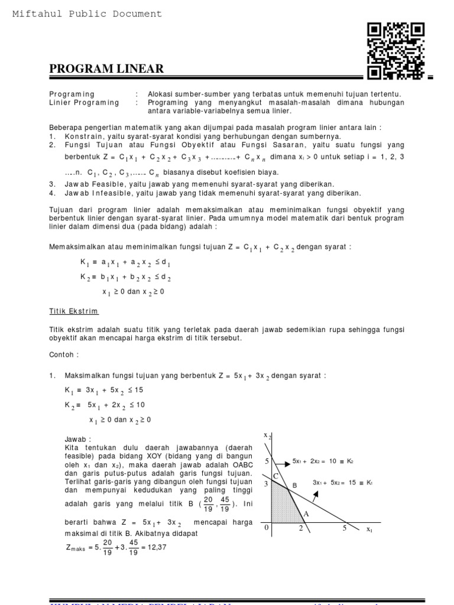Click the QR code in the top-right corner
(x=395, y=50)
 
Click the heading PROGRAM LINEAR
(x=106, y=69)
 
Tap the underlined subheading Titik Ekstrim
(x=73, y=311)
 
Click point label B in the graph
(x=291, y=486)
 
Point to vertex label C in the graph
(x=274, y=476)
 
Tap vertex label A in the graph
(x=306, y=514)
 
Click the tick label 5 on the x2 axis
(x=266, y=461)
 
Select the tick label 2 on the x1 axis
(x=300, y=528)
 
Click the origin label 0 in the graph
(x=266, y=528)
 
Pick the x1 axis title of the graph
(x=369, y=529)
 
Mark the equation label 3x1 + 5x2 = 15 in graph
(x=342, y=483)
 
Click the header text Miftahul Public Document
(x=87, y=14)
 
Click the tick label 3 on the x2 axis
(x=266, y=484)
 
